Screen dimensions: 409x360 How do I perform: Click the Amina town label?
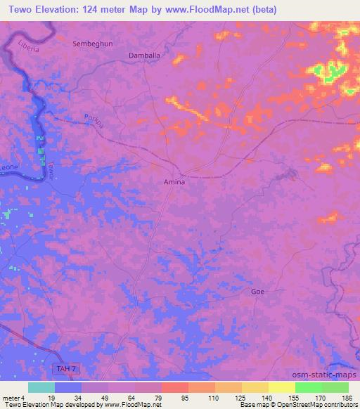pyautogui.click(x=174, y=181)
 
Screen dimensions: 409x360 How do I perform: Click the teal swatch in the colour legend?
pyautogui.click(x=41, y=387)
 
